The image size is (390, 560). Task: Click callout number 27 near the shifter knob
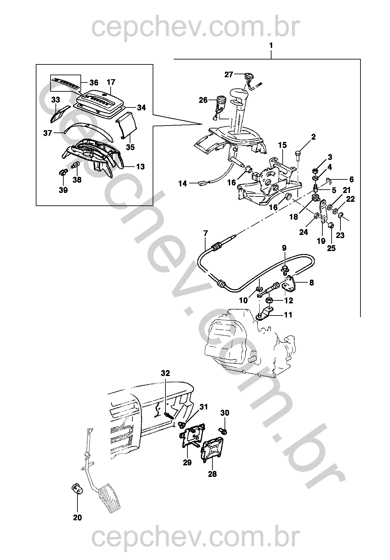point(228,75)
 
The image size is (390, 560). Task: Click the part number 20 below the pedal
point(77,518)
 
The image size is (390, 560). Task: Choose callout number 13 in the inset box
point(140,167)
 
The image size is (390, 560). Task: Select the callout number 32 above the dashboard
point(165,373)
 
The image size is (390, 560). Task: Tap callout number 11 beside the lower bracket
point(288,315)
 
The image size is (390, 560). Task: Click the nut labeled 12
point(268,300)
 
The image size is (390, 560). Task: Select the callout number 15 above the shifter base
point(282,145)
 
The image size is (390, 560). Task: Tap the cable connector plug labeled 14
point(202,183)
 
